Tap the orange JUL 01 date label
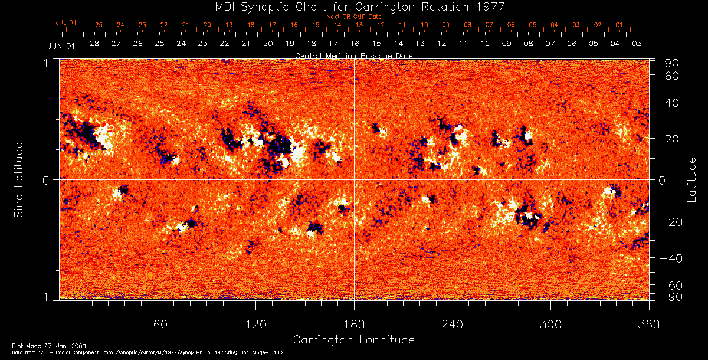tap(66, 22)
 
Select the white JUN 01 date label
tap(61, 45)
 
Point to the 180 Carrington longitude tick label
tap(354, 325)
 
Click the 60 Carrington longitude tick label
tap(158, 325)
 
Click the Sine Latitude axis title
tap(19, 179)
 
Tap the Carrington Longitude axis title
tap(353, 340)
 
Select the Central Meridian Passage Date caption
tap(353, 55)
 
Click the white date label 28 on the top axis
tap(94, 44)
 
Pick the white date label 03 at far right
tap(637, 44)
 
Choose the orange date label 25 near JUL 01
tap(99, 25)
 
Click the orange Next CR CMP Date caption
tap(353, 17)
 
